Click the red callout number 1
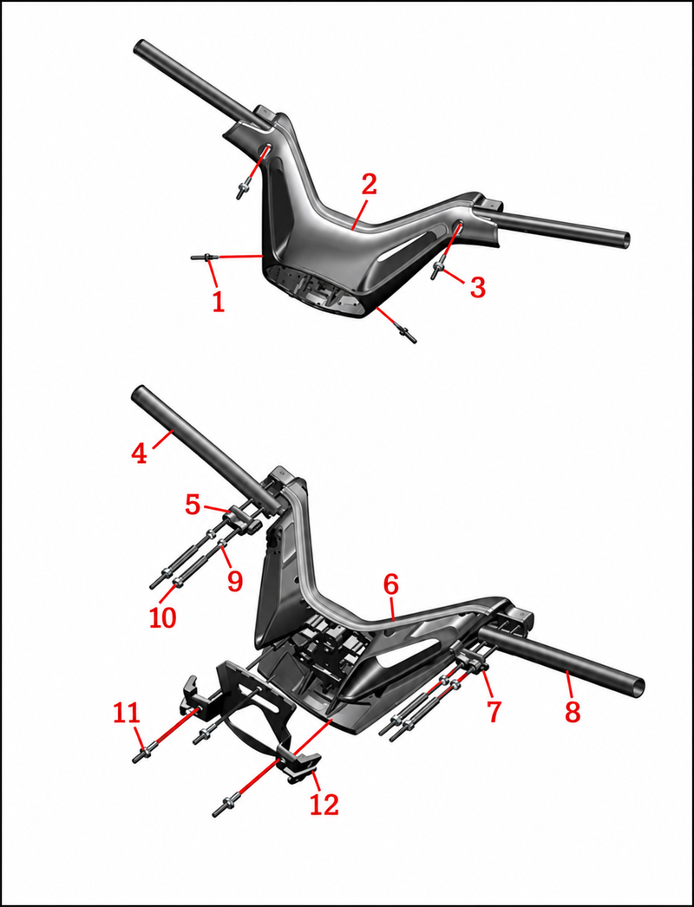pos(219,302)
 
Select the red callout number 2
pos(370,184)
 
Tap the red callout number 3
pos(477,288)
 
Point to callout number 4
pos(139,453)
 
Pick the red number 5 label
pos(193,505)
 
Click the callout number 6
pos(391,585)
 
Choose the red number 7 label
pos(493,712)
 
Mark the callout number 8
pos(573,712)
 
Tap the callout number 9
pos(234,581)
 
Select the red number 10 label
pos(162,617)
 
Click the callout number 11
pos(126,714)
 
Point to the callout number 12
pos(324,804)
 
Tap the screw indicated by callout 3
pos(437,270)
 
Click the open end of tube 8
pos(637,686)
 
